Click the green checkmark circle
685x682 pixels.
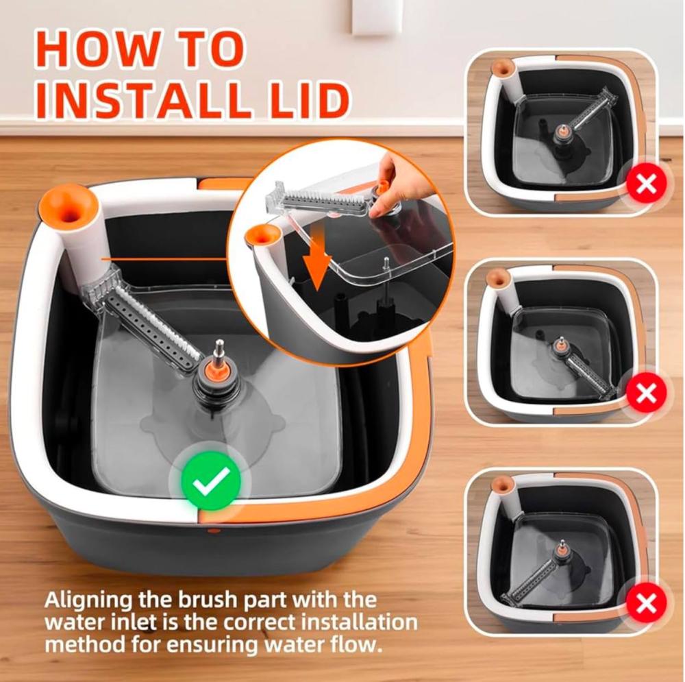point(211,480)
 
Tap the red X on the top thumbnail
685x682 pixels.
point(646,184)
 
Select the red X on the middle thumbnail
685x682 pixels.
point(646,393)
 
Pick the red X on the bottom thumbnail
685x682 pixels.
point(646,604)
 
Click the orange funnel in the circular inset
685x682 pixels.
point(261,236)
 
